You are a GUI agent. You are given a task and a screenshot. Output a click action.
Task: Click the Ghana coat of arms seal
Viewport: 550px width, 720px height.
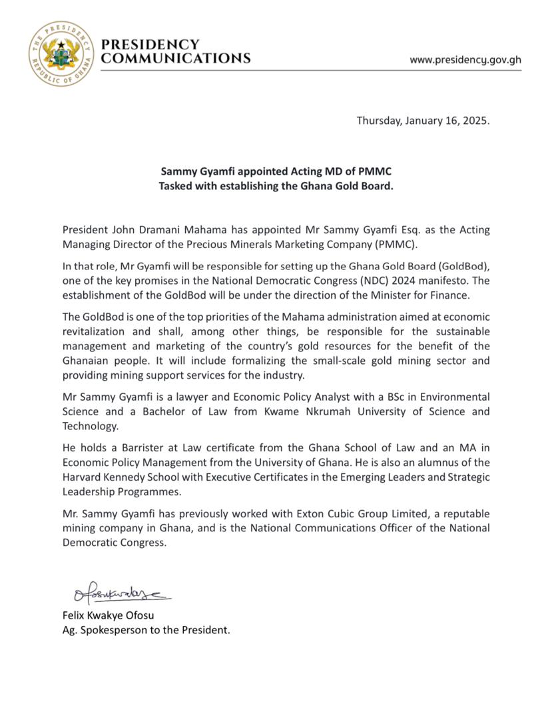pos(62,53)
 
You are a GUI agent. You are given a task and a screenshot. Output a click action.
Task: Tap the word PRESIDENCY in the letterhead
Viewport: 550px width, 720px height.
pos(150,45)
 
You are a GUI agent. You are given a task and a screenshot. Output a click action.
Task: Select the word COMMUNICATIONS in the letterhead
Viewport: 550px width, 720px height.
pos(175,58)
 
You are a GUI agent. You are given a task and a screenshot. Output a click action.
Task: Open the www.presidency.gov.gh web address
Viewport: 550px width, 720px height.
pos(465,60)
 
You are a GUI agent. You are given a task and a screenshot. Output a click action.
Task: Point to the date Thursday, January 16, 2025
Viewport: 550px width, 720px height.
pos(423,121)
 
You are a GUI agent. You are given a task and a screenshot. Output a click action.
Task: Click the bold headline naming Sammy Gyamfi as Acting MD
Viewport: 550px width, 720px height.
pos(276,172)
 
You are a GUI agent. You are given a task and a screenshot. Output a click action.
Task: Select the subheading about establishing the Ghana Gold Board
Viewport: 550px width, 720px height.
pos(276,186)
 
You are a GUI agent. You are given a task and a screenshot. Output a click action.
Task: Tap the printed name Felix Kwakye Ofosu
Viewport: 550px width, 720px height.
pos(109,615)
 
